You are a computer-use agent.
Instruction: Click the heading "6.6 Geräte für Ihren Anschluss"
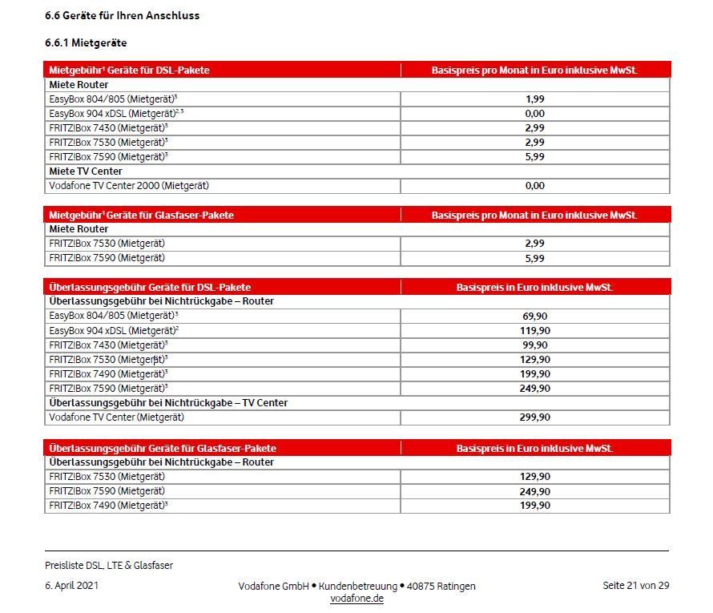click(x=122, y=15)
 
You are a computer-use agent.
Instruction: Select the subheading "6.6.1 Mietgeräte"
click(x=86, y=42)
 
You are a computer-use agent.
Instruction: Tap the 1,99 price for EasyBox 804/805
click(x=534, y=99)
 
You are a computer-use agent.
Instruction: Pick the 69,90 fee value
click(x=534, y=317)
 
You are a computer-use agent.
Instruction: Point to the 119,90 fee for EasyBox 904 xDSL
click(x=534, y=331)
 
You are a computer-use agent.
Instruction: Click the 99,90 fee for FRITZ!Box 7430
click(x=534, y=345)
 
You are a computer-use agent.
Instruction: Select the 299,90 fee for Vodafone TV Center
click(x=534, y=417)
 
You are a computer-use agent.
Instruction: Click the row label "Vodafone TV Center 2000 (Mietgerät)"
click(x=129, y=186)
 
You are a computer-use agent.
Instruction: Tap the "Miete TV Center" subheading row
click(x=86, y=171)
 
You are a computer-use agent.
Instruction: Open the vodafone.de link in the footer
click(x=356, y=599)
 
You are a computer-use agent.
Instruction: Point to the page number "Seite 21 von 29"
click(x=635, y=586)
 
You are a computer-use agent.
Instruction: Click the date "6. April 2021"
click(x=72, y=586)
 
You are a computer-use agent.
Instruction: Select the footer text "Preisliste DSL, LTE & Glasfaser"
click(x=109, y=566)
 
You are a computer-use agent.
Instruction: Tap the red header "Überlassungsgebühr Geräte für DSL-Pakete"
click(x=150, y=287)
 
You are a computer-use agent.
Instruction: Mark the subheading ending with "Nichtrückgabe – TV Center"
click(x=168, y=403)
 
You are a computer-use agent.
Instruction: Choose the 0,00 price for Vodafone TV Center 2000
click(x=534, y=186)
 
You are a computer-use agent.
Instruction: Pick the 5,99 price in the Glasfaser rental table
click(x=534, y=259)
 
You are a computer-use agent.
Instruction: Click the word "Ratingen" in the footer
click(x=454, y=587)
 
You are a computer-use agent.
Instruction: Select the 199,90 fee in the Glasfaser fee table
click(x=534, y=506)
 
